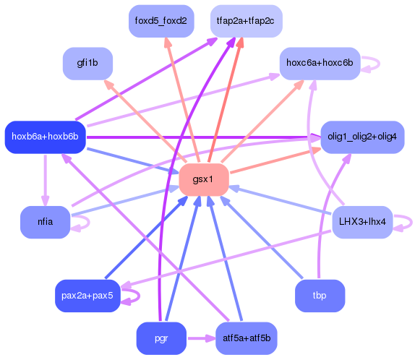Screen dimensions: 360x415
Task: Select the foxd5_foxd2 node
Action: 161,21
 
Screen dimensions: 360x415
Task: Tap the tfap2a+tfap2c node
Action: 247,21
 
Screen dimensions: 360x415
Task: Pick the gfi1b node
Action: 87,64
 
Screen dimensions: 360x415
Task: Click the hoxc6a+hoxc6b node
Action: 320,64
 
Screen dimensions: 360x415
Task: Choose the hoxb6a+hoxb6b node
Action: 45,137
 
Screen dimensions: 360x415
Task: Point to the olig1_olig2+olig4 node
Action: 361,137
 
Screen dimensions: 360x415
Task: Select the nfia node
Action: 45,222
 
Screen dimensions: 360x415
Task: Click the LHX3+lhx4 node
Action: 361,222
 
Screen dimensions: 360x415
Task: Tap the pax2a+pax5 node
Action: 87,296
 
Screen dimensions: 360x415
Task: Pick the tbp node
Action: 320,296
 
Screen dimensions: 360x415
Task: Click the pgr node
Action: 161,338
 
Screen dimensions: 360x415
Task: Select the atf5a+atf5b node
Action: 247,338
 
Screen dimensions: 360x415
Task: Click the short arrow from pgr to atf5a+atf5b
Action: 200,338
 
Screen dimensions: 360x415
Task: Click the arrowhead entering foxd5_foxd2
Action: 165,43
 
